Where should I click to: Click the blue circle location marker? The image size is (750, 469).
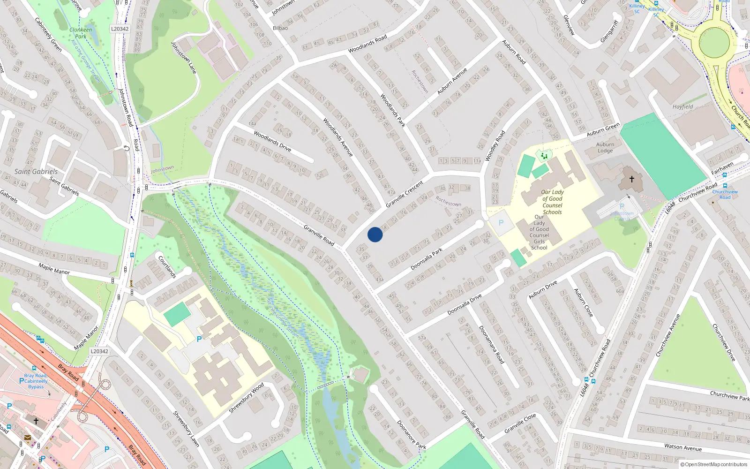375,234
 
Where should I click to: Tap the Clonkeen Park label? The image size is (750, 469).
81,33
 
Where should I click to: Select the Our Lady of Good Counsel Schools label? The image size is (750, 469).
552,202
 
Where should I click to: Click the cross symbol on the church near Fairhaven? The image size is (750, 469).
632,179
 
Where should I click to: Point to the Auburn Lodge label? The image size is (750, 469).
605,148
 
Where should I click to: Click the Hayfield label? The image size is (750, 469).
682,107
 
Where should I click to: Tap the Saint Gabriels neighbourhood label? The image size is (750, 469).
36,172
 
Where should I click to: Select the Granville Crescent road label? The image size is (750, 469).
404,195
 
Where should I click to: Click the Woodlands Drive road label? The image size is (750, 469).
272,141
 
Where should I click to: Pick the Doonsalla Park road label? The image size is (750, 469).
427,259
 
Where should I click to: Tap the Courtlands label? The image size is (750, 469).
167,266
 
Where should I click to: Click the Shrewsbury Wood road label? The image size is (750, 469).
246,398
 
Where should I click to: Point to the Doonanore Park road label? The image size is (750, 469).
411,434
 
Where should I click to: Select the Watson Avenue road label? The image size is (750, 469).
683,447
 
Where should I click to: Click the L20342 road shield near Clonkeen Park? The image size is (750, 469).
120,29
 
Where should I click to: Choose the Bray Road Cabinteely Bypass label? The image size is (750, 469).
36,381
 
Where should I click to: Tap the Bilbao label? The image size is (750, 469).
280,28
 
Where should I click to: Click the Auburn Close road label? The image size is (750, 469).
584,303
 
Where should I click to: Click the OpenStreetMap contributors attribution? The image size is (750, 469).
714,464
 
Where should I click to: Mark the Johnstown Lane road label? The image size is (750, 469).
183,58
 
